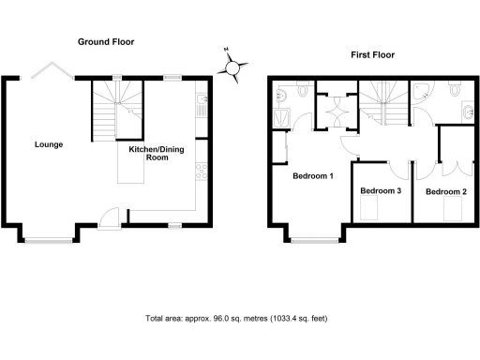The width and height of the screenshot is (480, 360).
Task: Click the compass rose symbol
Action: click(x=233, y=65)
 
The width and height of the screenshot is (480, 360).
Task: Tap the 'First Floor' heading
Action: click(x=373, y=55)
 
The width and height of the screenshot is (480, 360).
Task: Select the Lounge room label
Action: click(x=49, y=144)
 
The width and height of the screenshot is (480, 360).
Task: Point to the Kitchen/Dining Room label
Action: click(x=148, y=153)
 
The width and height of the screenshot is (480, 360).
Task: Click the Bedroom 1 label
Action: click(x=313, y=176)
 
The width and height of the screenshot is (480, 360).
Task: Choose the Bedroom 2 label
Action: click(x=445, y=191)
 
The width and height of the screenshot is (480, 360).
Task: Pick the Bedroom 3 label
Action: click(x=381, y=191)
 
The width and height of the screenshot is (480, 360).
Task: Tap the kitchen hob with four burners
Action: click(x=200, y=172)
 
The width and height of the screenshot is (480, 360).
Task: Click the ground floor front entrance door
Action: click(x=111, y=217)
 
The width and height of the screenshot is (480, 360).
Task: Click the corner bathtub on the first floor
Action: click(x=421, y=92)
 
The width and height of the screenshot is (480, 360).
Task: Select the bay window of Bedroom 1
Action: click(x=313, y=236)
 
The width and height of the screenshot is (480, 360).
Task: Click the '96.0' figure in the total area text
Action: click(x=211, y=319)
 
